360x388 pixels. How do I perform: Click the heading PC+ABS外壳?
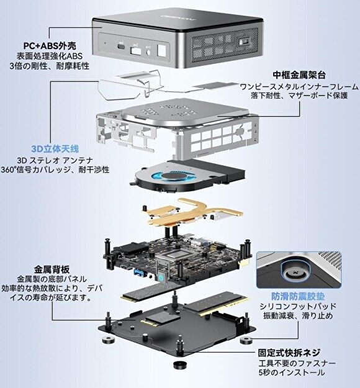pos(50,45)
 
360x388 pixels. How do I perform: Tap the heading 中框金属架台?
pos(299,74)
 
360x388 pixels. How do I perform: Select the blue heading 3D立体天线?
pos(55,149)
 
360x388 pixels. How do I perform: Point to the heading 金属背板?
pos(52,269)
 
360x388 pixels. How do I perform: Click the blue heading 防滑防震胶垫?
pos(298,296)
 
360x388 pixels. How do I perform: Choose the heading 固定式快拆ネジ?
pos(289,353)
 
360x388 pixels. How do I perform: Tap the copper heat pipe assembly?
pos(192,213)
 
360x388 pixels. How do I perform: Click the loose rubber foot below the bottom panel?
pos(180,364)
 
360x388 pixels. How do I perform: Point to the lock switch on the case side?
pos(244,42)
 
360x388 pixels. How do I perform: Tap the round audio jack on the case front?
pos(148,53)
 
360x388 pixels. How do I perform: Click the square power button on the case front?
pos(161,50)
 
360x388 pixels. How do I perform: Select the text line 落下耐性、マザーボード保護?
pos(299,95)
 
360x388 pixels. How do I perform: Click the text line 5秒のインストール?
pos(292,372)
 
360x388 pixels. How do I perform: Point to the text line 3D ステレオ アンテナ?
pos(55,160)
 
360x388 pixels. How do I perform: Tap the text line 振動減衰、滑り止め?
pos(298,316)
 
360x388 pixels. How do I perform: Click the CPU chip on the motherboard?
pos(172,255)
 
